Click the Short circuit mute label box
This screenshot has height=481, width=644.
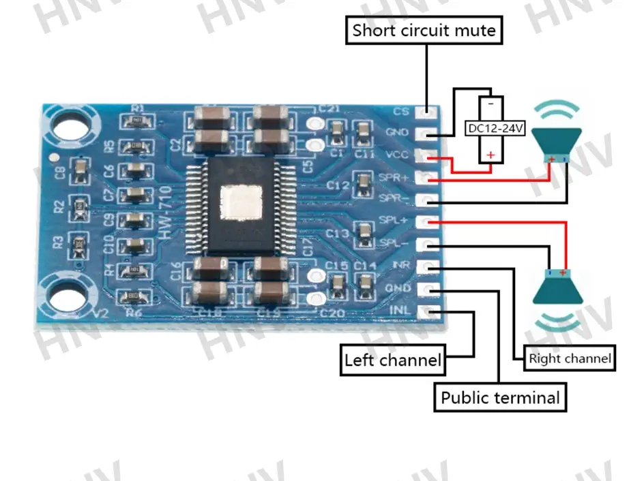click(424, 31)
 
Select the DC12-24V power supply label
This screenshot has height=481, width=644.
click(495, 128)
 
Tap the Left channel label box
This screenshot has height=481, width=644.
click(392, 360)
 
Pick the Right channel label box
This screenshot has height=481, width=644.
click(569, 358)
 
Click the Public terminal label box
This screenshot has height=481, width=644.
click(500, 398)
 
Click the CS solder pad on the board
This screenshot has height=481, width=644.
click(429, 111)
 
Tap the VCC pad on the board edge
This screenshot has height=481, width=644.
click(428, 155)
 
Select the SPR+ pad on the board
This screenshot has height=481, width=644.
click(428, 179)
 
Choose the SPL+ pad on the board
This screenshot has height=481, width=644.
click(428, 222)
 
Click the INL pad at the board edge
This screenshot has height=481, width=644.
click(428, 311)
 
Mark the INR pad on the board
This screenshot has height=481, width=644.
click(428, 266)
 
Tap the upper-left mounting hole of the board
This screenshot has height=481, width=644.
click(67, 127)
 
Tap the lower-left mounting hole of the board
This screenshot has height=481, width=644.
click(67, 295)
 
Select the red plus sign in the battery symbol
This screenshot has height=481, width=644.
click(490, 155)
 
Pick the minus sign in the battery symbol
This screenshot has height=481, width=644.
click(490, 104)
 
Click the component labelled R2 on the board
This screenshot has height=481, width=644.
click(80, 204)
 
